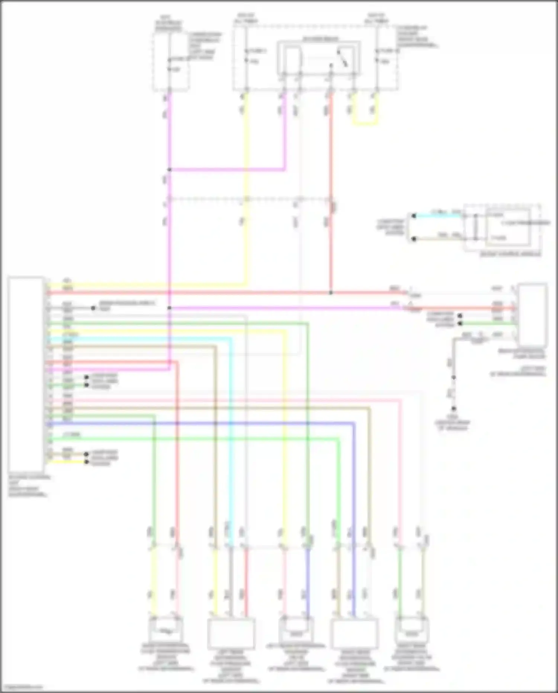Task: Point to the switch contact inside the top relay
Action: (342, 58)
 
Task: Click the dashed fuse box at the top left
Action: (170, 61)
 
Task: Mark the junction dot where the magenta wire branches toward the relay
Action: (169, 170)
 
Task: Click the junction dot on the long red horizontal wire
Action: (331, 293)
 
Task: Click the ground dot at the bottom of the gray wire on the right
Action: (453, 409)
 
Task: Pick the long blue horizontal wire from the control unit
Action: (201, 424)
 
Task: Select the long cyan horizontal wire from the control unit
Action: (138, 339)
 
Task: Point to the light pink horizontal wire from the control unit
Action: (223, 401)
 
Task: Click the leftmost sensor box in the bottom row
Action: (166, 630)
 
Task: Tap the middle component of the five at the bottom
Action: (296, 630)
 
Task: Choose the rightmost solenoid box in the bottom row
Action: (412, 630)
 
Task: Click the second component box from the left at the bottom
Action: (231, 633)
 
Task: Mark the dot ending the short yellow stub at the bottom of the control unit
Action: (86, 462)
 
